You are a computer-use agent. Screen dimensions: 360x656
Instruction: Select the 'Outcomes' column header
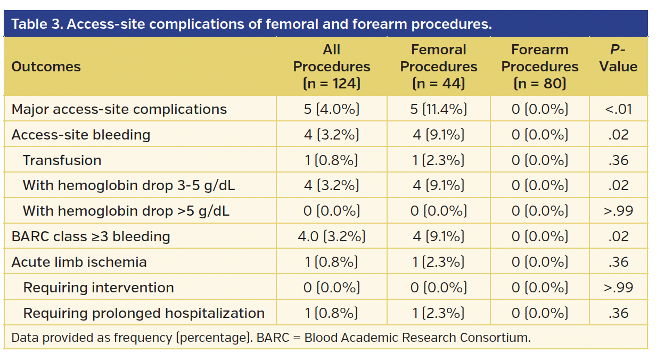coord(46,67)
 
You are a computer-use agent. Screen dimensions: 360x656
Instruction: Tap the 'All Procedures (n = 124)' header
coord(331,67)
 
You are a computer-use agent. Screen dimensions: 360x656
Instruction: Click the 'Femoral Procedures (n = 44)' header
coord(439,67)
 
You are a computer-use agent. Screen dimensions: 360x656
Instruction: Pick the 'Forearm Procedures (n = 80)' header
coord(539,67)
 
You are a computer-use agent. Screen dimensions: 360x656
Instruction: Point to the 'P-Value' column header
coord(618,59)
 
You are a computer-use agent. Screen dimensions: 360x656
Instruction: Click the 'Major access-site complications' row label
coord(119,109)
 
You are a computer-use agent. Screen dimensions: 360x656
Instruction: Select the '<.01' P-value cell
coord(618,109)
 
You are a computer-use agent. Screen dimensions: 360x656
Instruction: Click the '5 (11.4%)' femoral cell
coord(439,109)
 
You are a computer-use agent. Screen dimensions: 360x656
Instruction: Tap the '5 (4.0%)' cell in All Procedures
coord(331,109)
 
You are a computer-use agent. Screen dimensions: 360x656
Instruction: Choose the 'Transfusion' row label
coord(62,160)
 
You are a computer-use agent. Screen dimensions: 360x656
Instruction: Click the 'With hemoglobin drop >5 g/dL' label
coord(126,211)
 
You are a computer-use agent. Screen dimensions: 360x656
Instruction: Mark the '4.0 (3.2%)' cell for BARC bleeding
coord(331,236)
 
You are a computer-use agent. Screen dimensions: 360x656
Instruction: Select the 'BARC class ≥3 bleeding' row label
coord(91,236)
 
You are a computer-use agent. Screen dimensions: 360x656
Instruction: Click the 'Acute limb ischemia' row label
coord(79,262)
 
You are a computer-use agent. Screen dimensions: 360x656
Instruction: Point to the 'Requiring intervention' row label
coord(99,288)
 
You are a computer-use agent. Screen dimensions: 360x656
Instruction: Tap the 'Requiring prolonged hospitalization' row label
coord(144,313)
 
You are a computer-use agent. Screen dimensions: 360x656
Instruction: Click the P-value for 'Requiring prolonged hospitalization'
coord(618,313)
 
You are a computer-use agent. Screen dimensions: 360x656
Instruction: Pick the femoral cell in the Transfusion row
coord(439,160)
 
